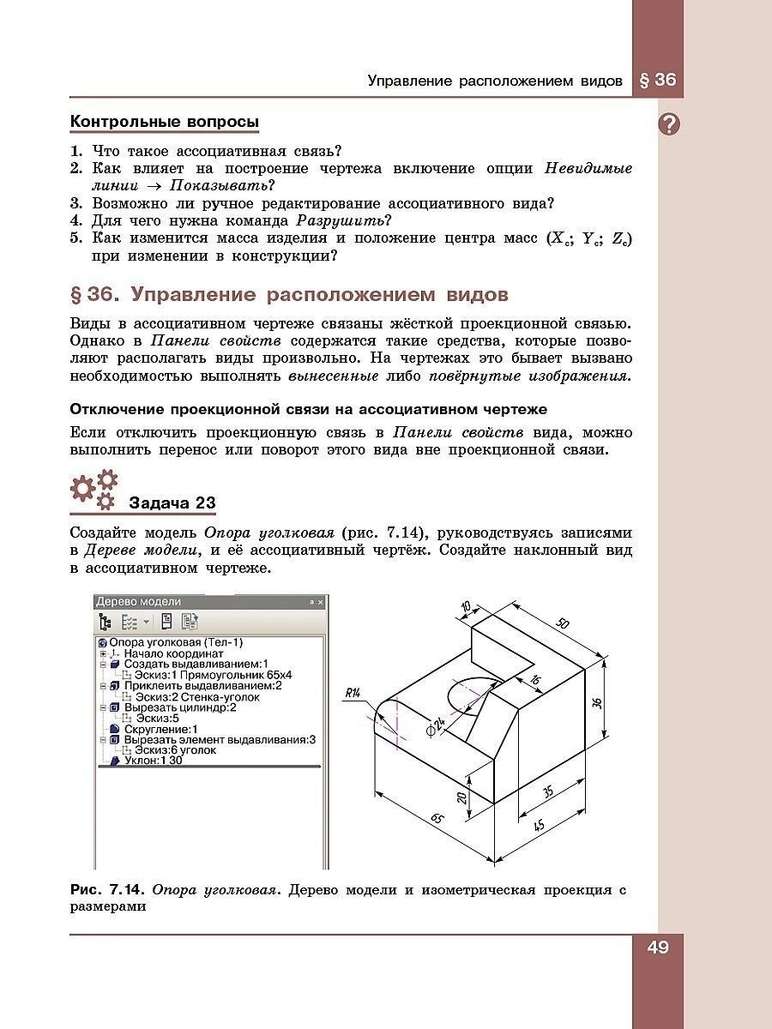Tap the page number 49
pyautogui.click(x=658, y=947)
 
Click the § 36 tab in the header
pyautogui.click(x=658, y=81)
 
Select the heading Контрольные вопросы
pyautogui.click(x=164, y=123)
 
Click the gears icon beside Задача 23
pyautogui.click(x=93, y=488)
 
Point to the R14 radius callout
pyautogui.click(x=353, y=693)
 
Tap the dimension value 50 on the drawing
pyautogui.click(x=562, y=623)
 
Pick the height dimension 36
pyautogui.click(x=598, y=702)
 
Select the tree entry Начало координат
pyautogui.click(x=173, y=653)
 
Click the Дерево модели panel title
pyautogui.click(x=138, y=601)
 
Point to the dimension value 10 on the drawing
pyautogui.click(x=466, y=607)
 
